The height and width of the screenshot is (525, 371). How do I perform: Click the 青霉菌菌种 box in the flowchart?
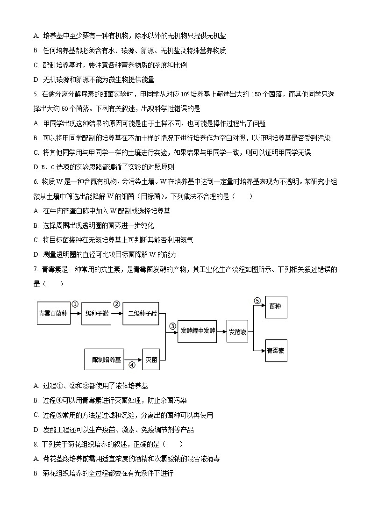(x=54, y=313)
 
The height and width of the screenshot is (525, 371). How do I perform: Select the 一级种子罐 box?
(x=96, y=313)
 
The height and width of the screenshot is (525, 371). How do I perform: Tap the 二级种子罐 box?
(x=140, y=313)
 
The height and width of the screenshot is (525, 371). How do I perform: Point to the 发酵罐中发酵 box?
(x=198, y=331)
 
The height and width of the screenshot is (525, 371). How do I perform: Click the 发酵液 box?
(x=237, y=332)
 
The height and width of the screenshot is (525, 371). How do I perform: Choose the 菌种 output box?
(x=276, y=307)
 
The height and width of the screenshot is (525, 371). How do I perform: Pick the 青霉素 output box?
(x=276, y=351)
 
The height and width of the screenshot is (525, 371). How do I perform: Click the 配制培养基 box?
(x=107, y=360)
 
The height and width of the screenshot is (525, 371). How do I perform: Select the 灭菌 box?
(x=151, y=360)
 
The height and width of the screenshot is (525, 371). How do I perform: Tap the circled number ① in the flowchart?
(x=75, y=303)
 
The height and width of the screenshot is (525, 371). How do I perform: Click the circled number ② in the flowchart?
(x=117, y=303)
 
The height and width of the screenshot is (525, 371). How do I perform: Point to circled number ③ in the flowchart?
(x=172, y=326)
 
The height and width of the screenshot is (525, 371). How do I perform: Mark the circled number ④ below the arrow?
(x=132, y=365)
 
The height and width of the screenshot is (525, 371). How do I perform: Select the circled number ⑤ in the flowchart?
(x=257, y=301)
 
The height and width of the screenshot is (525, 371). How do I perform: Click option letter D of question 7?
(x=36, y=430)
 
